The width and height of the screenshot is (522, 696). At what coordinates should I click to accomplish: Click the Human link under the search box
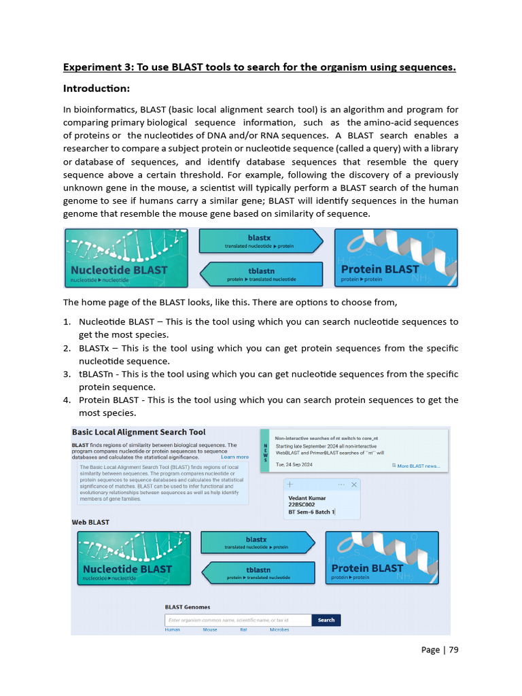click(173, 629)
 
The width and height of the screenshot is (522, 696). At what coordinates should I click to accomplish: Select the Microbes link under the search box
click(279, 629)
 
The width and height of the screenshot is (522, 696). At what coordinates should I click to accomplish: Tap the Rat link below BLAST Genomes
click(243, 629)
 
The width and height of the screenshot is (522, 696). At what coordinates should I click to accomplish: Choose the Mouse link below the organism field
click(210, 629)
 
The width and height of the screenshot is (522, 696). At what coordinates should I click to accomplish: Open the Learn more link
click(234, 457)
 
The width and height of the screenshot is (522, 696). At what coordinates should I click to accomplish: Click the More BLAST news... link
click(419, 466)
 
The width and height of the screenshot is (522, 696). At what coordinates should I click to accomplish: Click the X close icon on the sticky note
click(354, 484)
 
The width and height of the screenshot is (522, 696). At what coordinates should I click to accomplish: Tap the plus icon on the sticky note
click(290, 484)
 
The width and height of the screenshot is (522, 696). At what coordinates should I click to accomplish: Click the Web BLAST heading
click(90, 522)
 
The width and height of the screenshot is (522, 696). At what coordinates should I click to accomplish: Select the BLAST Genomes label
click(188, 607)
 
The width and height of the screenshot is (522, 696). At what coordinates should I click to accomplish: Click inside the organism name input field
click(238, 620)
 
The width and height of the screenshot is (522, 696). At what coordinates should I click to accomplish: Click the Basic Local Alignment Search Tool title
click(139, 432)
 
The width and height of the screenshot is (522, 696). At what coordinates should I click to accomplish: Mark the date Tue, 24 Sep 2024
click(294, 465)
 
